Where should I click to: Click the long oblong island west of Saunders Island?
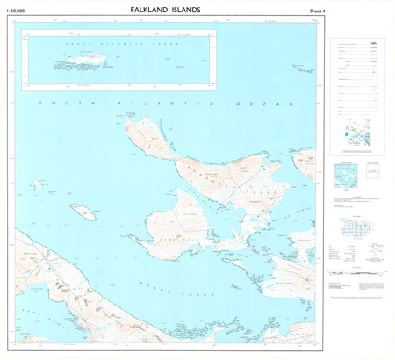tap(83, 212)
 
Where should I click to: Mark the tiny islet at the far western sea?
tap(38, 184)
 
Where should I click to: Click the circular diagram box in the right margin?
tap(348, 176)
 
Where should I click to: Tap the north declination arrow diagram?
tap(374, 251)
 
